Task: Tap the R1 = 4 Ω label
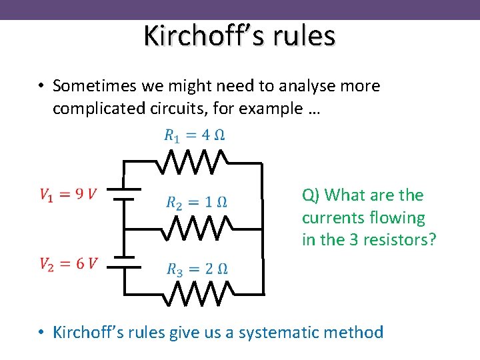194,135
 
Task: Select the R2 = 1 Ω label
197,202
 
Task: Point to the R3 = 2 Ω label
197,269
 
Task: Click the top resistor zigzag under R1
193,161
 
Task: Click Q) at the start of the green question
311,195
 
